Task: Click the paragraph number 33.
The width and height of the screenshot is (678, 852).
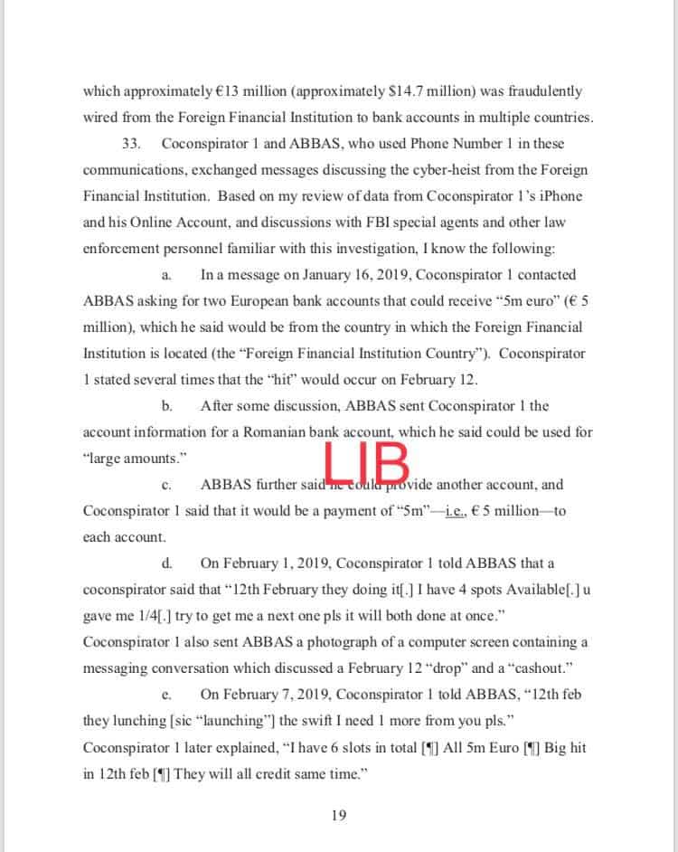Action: pyautogui.click(x=131, y=144)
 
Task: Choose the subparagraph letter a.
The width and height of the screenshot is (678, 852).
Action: pyautogui.click(x=165, y=275)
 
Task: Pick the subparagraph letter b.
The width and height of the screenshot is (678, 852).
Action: pyautogui.click(x=166, y=406)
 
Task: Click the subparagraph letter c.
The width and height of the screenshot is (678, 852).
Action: pyautogui.click(x=166, y=485)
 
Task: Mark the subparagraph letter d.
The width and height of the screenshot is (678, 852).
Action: pyautogui.click(x=166, y=563)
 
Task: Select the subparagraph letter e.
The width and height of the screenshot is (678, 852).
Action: pyautogui.click(x=166, y=695)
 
